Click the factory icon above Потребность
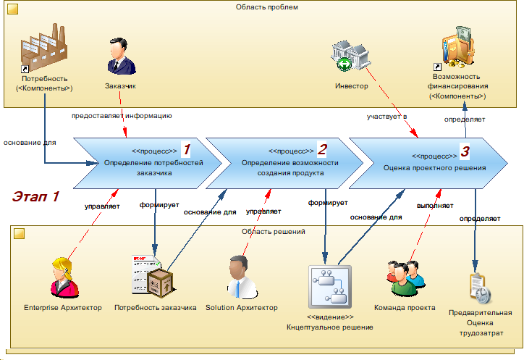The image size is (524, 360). pos(43,47)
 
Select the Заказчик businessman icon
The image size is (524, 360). pos(121,56)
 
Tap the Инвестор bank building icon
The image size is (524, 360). pos(350,56)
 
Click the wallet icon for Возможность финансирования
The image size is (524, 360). pos(458,47)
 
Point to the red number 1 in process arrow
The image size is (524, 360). pos(187,149)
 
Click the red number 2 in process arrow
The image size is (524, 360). pos(322,149)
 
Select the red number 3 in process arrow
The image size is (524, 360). pos(465,151)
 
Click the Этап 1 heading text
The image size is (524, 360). pos(35,196)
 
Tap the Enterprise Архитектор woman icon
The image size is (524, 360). pos(64,277)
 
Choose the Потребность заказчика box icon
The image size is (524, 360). pos(153,277)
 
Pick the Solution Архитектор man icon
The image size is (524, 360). pos(242,277)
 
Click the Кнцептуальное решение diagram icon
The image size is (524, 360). pos(330,287)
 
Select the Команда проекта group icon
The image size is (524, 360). pos(406,278)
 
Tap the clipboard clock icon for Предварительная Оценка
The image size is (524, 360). pos(481,288)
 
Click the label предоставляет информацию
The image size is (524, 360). pos(122,116)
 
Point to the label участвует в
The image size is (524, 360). pos(387,117)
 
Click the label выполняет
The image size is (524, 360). pos(435,206)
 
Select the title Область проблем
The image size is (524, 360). pos(266,7)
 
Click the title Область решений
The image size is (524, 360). pos(274,232)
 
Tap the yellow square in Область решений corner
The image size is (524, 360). pos(19,233)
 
